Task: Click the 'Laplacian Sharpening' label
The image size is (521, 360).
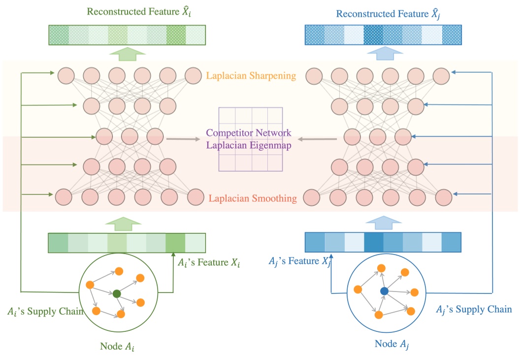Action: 251,76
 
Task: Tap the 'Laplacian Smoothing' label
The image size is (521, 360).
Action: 253,199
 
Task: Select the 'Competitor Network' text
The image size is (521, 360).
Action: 249,133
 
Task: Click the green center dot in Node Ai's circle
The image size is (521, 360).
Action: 117,294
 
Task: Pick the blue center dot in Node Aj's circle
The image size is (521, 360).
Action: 384,292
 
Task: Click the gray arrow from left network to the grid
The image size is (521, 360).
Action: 183,139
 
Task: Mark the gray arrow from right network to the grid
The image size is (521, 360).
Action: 317,139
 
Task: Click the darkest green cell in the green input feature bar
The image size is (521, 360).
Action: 175,243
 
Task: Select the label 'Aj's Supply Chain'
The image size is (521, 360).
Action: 474,309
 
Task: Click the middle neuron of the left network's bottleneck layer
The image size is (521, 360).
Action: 130,136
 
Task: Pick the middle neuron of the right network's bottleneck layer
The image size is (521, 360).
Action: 378,136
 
